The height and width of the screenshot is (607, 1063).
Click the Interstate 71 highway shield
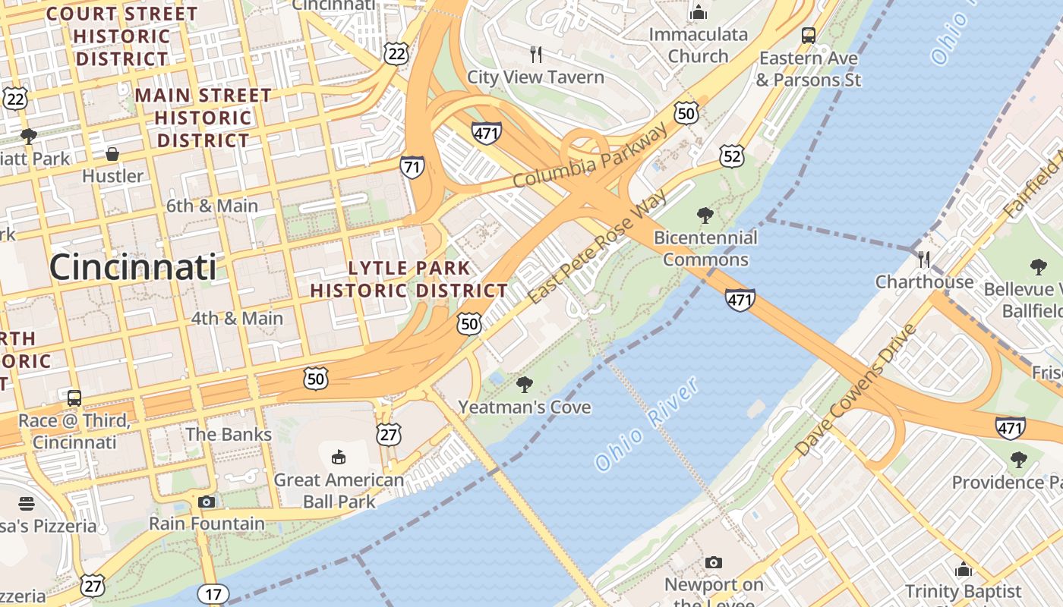click(x=412, y=167)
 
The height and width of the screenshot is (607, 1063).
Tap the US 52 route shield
click(x=732, y=156)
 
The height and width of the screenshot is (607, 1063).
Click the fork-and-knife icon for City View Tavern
click(x=536, y=54)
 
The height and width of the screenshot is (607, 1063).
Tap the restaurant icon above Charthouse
click(x=924, y=259)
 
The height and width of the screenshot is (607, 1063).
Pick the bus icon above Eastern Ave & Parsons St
click(x=809, y=35)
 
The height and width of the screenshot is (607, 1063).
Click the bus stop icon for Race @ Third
click(x=74, y=398)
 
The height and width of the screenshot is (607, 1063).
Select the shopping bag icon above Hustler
click(x=112, y=154)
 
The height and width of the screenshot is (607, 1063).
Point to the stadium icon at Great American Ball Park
click(x=339, y=457)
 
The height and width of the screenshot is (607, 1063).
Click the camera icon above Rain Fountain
click(x=206, y=502)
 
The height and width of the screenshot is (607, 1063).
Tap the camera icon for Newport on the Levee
click(x=713, y=562)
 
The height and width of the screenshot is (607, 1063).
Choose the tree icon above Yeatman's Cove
click(x=524, y=385)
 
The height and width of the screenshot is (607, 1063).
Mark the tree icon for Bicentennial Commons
click(x=705, y=215)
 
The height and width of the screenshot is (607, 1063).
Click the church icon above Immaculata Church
click(x=698, y=12)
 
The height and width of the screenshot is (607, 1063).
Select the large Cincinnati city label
click(x=132, y=268)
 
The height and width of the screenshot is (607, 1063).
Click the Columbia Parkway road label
click(x=591, y=156)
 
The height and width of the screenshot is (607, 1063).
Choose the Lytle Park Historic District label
click(x=408, y=279)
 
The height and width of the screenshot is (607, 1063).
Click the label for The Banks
click(x=229, y=434)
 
